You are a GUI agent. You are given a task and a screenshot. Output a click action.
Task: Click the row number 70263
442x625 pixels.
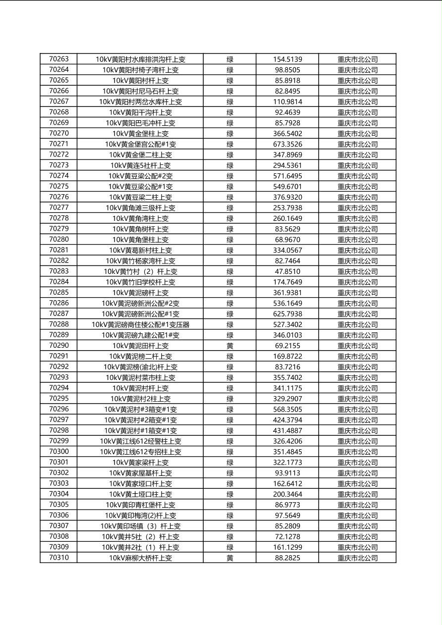click(59, 59)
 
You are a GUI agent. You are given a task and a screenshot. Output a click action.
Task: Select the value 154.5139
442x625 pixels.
click(287, 59)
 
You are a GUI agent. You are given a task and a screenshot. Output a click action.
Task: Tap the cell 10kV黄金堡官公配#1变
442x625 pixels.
click(140, 144)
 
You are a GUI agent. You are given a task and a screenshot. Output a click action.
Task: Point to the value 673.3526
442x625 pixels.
click(287, 144)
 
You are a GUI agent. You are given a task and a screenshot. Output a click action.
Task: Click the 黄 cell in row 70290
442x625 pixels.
click(230, 346)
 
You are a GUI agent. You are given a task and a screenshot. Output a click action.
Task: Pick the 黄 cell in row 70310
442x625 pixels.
click(230, 558)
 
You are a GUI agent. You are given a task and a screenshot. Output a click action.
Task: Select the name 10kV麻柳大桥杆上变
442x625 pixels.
click(140, 558)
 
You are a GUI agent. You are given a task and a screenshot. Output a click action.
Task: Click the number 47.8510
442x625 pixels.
click(287, 271)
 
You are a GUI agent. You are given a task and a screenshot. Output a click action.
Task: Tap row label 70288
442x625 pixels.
click(59, 324)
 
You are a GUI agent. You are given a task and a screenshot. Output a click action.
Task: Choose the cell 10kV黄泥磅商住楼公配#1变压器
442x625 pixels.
click(140, 324)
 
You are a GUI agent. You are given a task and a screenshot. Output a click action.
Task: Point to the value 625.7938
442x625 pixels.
click(287, 314)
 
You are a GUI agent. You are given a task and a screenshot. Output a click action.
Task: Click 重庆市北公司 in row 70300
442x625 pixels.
click(357, 452)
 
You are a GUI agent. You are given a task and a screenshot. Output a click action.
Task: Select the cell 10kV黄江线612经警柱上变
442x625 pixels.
click(140, 441)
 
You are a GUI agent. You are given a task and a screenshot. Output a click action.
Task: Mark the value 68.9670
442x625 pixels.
click(287, 240)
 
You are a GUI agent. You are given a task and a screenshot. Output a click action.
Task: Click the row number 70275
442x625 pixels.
click(59, 186)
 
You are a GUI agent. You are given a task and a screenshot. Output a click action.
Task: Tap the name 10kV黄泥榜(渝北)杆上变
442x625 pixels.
click(140, 367)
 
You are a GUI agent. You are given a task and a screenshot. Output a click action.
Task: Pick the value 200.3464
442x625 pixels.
click(287, 494)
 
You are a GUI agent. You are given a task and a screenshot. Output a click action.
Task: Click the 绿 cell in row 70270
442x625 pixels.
click(230, 133)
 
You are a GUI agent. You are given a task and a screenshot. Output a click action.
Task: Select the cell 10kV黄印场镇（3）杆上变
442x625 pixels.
click(140, 526)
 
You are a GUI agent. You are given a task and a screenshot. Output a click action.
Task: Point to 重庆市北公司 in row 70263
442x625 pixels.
click(357, 59)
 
